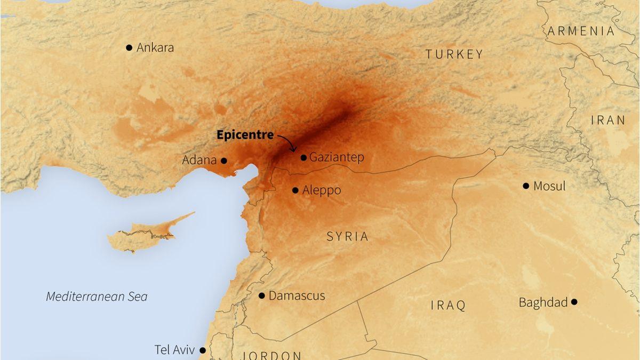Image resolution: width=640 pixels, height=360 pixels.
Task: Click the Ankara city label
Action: tap(155, 47)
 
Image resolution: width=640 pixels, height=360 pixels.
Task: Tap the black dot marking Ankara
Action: tap(129, 47)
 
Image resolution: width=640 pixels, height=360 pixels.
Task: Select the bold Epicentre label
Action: tap(245, 135)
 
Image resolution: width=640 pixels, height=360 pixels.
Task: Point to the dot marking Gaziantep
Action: tap(303, 157)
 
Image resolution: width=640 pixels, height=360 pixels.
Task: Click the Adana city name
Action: tap(199, 160)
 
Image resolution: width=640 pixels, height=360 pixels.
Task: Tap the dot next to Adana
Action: tap(224, 161)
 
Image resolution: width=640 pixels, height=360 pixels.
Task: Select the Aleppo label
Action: tap(321, 190)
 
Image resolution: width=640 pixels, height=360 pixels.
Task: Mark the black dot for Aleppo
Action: tap(295, 190)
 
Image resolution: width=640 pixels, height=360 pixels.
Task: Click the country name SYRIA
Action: tap(347, 236)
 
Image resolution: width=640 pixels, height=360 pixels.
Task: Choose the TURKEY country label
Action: tap(454, 54)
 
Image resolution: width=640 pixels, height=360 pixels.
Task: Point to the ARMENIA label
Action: tap(581, 31)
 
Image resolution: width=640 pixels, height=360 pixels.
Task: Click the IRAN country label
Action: tap(608, 121)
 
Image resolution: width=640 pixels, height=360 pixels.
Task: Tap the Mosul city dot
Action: tap(526, 186)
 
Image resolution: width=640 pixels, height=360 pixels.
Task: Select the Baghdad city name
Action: tap(543, 302)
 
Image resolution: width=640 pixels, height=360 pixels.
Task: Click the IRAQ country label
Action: tap(448, 305)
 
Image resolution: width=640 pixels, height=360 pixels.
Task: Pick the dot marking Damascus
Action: tap(262, 295)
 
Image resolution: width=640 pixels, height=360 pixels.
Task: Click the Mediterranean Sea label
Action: tap(97, 297)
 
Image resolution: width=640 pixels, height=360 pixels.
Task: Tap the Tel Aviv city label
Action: tap(174, 350)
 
